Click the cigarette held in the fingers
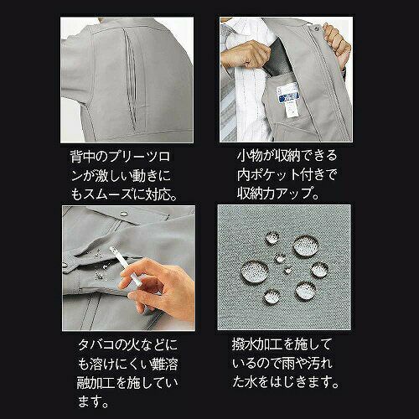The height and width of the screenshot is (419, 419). coord(125,266)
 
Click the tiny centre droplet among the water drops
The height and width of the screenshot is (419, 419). coord(287,270)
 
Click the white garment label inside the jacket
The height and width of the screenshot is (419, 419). coord(288,99)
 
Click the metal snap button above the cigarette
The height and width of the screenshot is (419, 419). coord(123,214)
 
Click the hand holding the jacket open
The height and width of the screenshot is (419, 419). coord(336,44)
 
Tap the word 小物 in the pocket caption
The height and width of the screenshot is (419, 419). coord(250,156)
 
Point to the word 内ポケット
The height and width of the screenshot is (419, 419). coord(268,174)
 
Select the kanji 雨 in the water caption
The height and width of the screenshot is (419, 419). coord(290,363)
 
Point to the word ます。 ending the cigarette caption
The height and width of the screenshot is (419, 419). coord(93,402)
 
